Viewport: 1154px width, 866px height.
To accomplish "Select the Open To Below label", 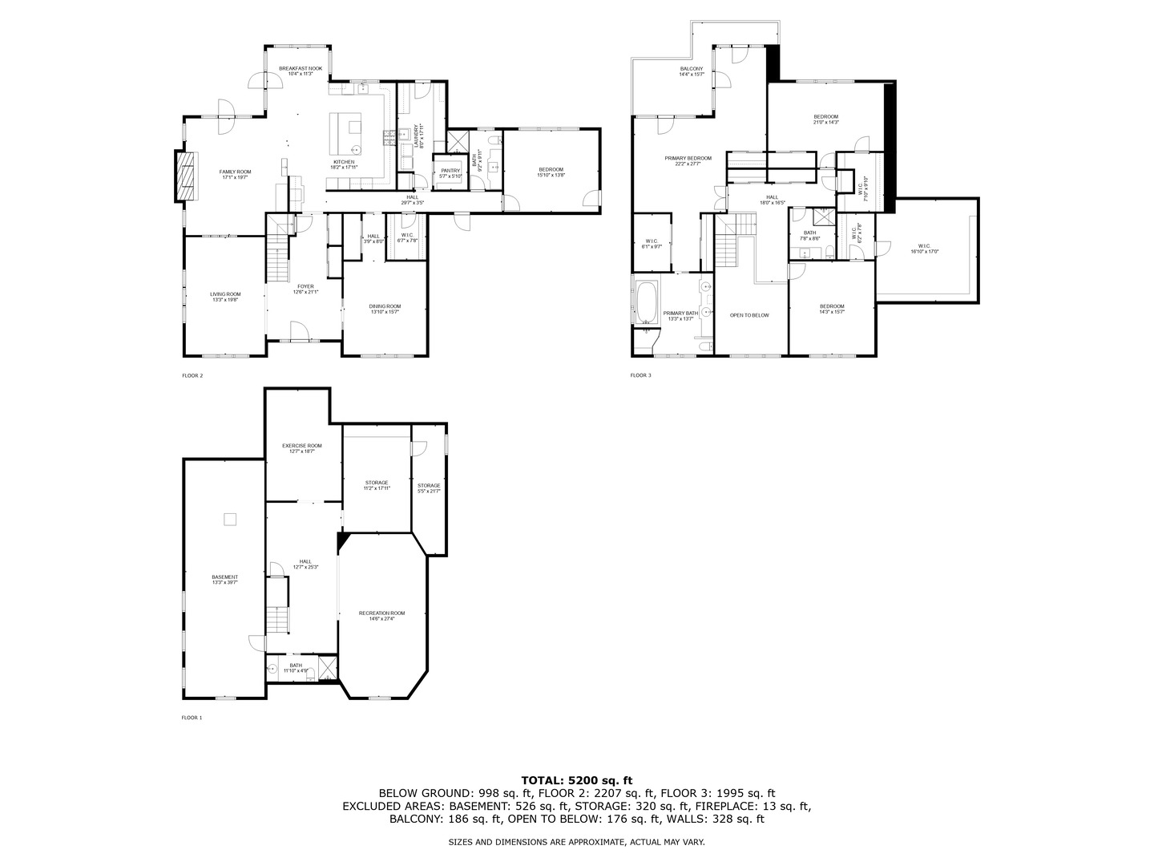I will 748,315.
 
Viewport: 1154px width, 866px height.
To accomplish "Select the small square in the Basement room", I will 230,520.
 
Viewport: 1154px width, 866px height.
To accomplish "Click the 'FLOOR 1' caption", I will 192,718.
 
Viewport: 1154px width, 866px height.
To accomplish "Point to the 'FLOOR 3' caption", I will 640,375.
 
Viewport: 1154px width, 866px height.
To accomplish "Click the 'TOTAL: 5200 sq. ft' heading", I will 576,779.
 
